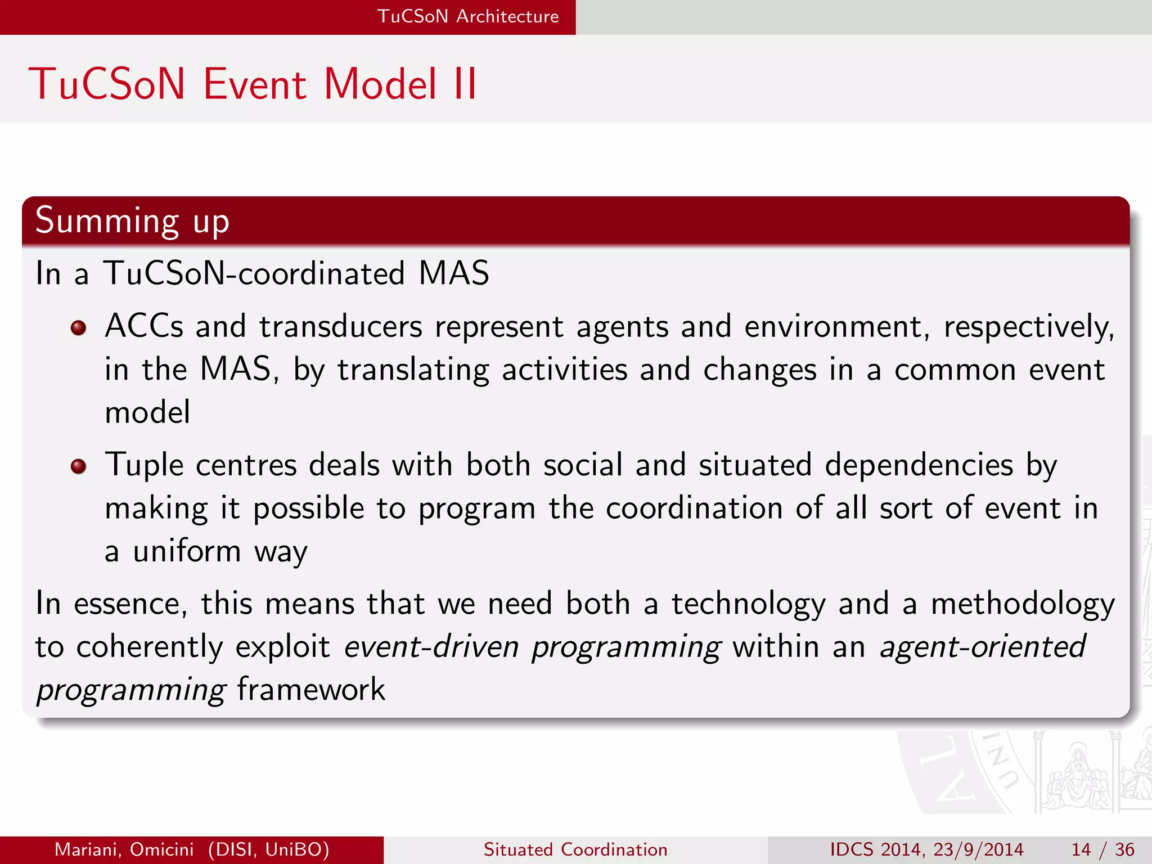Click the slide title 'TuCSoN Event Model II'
click(253, 84)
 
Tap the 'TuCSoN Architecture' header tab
click(467, 16)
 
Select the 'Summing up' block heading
click(133, 220)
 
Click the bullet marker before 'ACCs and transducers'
click(79, 328)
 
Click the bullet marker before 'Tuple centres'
click(79, 466)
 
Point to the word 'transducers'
click(340, 327)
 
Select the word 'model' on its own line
click(147, 412)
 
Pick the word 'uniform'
click(187, 551)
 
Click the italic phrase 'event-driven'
click(431, 646)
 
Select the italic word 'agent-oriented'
click(983, 646)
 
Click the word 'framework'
click(311, 690)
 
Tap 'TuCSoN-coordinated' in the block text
click(254, 274)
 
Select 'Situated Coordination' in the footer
click(575, 849)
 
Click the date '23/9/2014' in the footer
click(978, 849)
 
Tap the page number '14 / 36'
click(1102, 849)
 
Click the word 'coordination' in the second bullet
click(694, 508)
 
